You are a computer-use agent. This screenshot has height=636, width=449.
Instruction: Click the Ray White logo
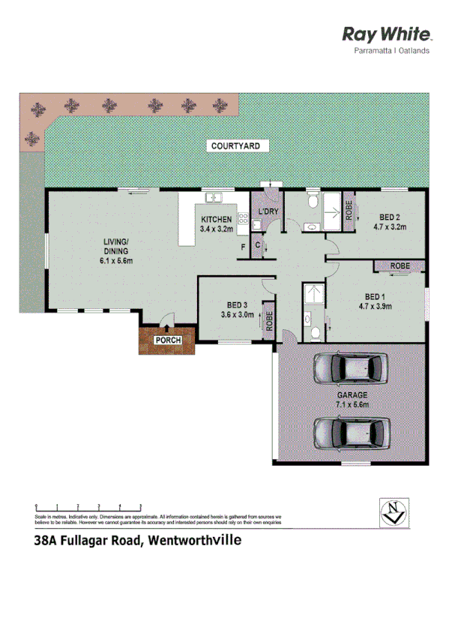click(387, 34)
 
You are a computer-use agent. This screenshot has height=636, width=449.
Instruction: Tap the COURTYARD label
click(235, 145)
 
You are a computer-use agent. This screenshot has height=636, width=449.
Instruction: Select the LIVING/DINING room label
click(116, 250)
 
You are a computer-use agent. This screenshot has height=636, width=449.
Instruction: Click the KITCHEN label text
click(215, 219)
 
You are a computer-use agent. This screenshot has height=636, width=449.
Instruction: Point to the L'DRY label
click(268, 211)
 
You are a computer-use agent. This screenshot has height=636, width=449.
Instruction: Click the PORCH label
click(166, 340)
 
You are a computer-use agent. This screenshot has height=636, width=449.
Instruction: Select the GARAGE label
click(352, 394)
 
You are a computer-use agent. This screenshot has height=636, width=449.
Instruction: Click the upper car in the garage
click(351, 368)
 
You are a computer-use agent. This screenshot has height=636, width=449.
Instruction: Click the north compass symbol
click(393, 511)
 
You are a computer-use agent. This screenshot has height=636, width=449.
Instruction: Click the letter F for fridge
click(243, 247)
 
